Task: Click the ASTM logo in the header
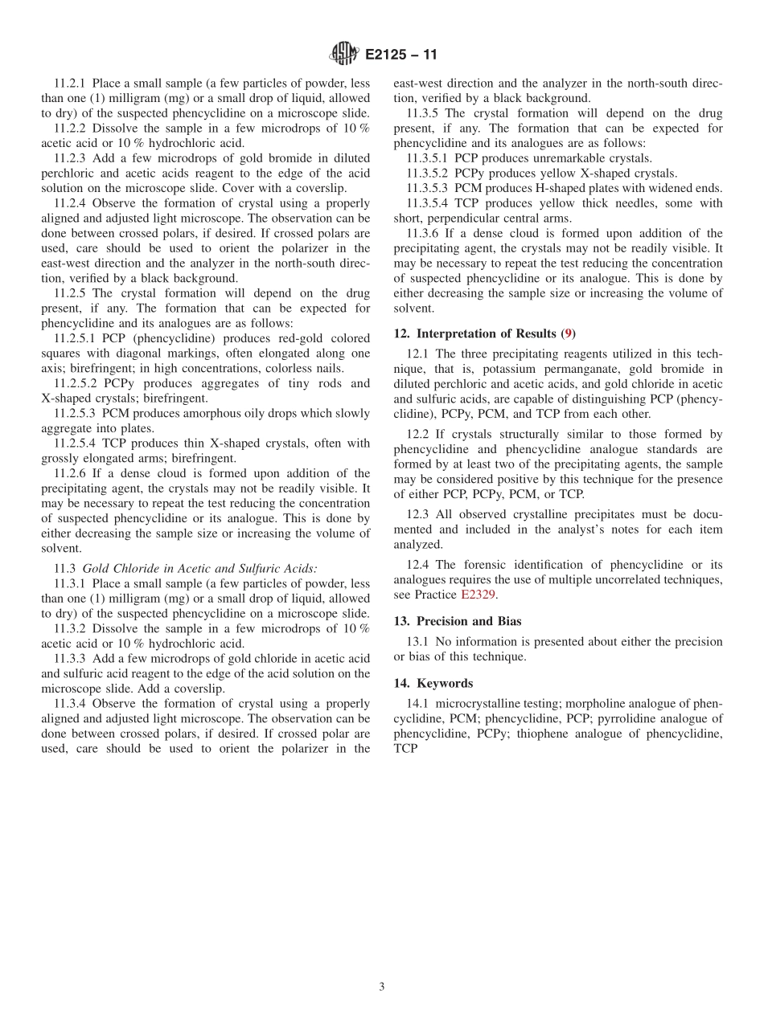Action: point(343,55)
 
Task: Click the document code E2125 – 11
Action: point(400,55)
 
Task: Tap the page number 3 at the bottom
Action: point(382,987)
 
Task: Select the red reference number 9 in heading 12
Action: point(568,333)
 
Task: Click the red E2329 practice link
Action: point(478,595)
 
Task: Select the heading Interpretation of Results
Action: point(487,333)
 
